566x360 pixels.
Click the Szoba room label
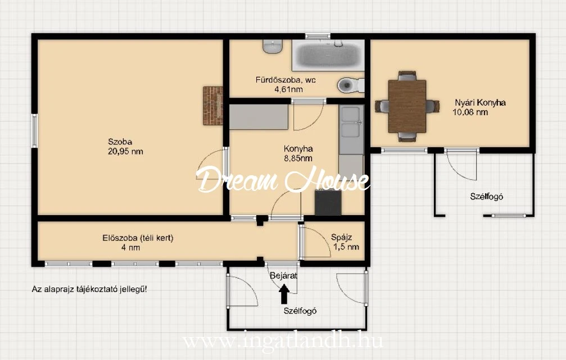[120, 142]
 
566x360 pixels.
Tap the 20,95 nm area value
[125, 152]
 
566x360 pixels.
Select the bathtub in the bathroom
[328, 55]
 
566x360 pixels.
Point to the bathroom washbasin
[273, 46]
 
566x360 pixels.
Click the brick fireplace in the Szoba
[212, 106]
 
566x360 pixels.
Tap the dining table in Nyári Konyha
[407, 106]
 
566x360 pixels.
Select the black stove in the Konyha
[328, 202]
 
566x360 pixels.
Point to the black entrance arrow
[284, 294]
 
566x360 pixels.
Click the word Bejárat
[284, 276]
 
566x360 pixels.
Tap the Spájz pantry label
[342, 238]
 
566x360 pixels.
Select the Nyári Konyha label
[480, 102]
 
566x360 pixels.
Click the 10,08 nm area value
[470, 112]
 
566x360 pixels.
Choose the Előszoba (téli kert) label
[138, 238]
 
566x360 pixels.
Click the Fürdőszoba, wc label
[286, 80]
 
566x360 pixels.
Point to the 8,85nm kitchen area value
[298, 158]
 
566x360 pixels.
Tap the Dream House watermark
[283, 180]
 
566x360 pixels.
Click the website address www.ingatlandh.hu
[283, 340]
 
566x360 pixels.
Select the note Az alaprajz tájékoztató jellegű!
[89, 289]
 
